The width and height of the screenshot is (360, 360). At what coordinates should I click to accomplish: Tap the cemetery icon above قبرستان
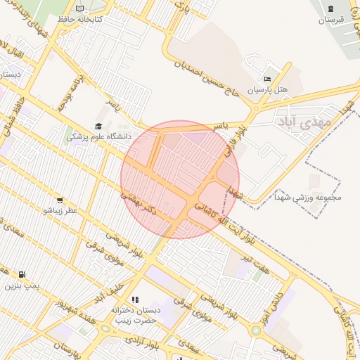click(330, 8)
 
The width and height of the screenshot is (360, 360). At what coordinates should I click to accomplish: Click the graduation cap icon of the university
click(98, 126)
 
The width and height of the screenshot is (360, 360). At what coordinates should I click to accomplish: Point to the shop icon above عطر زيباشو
click(59, 200)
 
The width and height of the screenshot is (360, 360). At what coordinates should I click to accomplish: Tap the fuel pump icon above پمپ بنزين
click(22, 274)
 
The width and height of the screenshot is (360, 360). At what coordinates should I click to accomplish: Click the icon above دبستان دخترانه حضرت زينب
click(135, 300)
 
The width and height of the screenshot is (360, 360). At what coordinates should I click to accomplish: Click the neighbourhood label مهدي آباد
click(305, 122)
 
